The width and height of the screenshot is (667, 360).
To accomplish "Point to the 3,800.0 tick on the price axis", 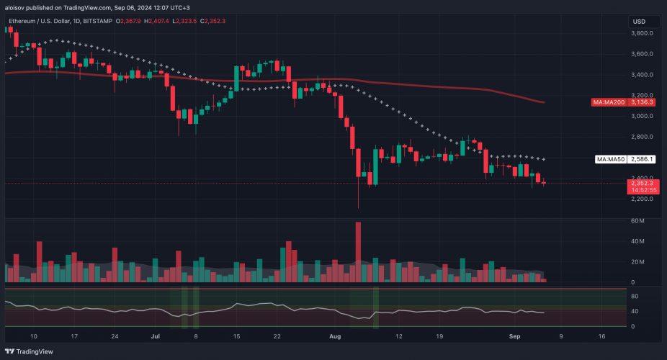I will (641, 33).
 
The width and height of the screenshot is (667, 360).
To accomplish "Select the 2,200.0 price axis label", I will (641, 199).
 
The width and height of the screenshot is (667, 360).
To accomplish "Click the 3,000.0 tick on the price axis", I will (641, 116).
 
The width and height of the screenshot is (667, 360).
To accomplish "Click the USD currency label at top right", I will (639, 22).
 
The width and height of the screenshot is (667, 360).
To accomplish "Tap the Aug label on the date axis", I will (333, 336).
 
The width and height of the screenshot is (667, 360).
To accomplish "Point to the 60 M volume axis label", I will (637, 221).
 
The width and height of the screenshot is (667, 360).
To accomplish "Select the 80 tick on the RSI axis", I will (635, 296).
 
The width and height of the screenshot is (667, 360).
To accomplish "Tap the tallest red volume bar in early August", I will (358, 252).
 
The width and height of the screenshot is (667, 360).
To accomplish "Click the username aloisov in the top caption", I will (16, 7).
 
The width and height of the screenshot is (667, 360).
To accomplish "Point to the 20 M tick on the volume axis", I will (637, 262).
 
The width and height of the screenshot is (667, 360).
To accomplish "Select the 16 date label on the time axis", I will (602, 336).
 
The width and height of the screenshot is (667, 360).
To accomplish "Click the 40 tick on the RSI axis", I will (635, 312).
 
